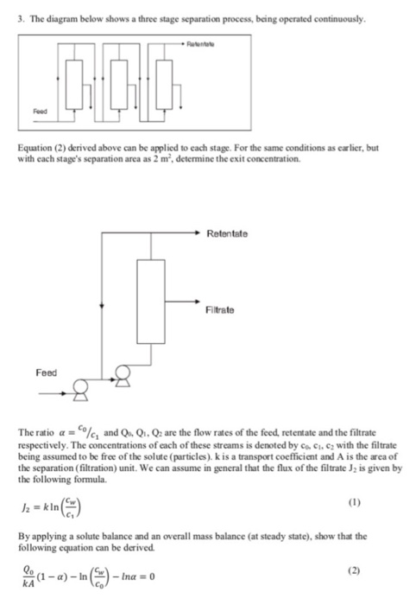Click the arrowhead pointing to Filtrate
click(205, 301)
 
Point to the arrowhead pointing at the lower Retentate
click(205, 232)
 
